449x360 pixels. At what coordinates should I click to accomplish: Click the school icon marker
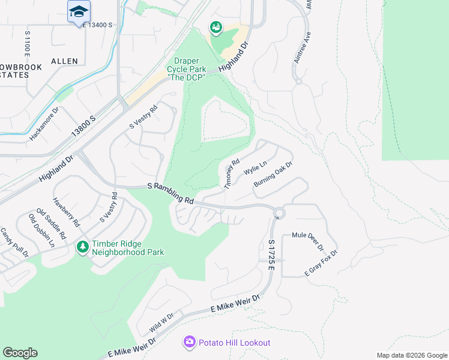point(79,12)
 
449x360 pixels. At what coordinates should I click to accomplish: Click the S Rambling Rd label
point(172,193)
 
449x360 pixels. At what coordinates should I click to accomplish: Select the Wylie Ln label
point(255,168)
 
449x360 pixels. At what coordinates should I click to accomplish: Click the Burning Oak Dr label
point(273,173)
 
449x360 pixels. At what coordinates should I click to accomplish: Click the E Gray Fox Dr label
point(322,265)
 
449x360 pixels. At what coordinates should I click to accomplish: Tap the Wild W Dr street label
point(162,325)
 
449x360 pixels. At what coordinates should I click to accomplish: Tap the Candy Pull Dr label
point(14,242)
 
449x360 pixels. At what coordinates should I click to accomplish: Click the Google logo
point(20,353)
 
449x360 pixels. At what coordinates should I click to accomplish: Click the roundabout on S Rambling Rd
point(279,212)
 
